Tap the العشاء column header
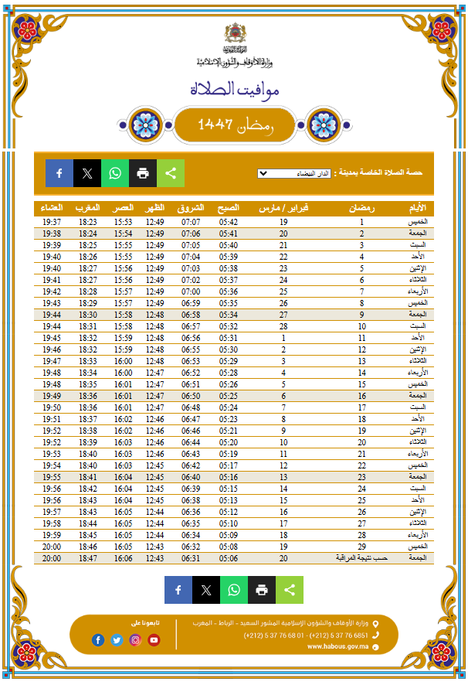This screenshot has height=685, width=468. tap(52, 208)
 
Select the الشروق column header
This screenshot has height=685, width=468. tap(191, 208)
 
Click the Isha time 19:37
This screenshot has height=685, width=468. tap(52, 222)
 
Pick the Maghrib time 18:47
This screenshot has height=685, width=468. tap(87, 558)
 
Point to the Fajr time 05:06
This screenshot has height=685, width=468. tap(228, 558)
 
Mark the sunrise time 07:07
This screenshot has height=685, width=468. tap(191, 222)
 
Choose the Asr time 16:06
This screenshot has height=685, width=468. tap(124, 558)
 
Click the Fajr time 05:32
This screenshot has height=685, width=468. tap(228, 326)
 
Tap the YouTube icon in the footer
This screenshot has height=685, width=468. tap(154, 639)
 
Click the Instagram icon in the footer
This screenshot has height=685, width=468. tap(135, 639)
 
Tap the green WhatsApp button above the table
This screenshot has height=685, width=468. tap(115, 173)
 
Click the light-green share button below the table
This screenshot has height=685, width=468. tap(290, 590)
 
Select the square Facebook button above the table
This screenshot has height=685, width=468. tap(59, 173)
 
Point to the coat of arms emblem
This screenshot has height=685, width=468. tap(234, 34)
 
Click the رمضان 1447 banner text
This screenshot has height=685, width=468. tap(234, 124)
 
